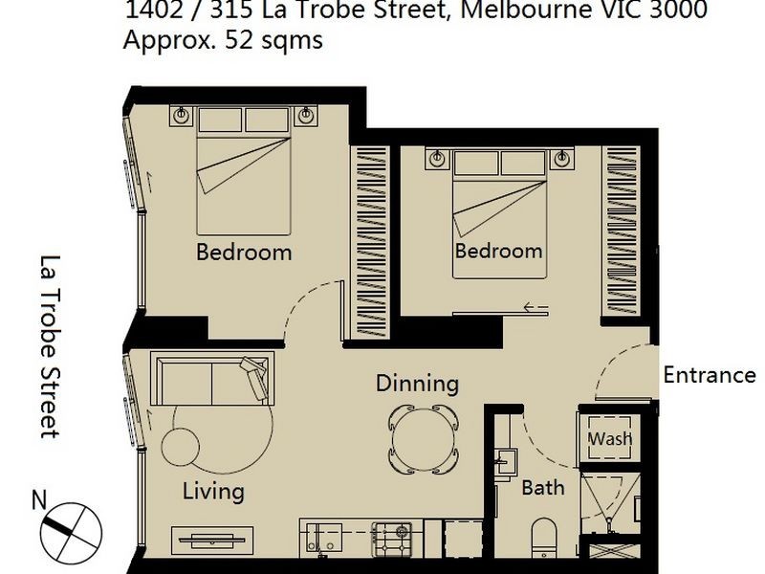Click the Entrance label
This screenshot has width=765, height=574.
click(710, 375)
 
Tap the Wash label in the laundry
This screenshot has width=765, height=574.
click(609, 439)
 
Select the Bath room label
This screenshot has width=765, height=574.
click(542, 488)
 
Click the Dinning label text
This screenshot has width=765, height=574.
click(417, 384)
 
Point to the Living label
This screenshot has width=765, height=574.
click(213, 492)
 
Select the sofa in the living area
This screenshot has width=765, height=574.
click(212, 379)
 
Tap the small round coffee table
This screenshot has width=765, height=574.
click(179, 447)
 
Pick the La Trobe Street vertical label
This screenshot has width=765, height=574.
click(50, 345)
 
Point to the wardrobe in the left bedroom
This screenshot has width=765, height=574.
click(367, 241)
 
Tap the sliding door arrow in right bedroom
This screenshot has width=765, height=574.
click(535, 308)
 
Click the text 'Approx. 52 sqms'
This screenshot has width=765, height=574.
click(222, 41)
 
